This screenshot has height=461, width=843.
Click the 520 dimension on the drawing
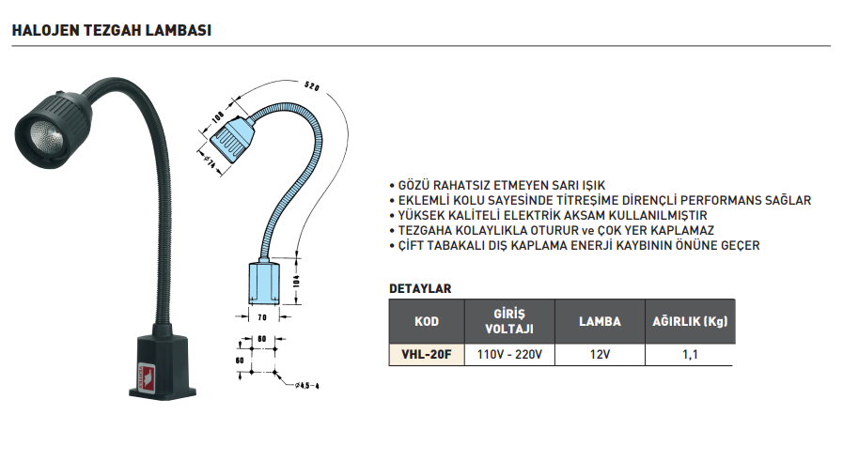tap(312, 88)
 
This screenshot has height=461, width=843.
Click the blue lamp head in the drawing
tap(231, 141)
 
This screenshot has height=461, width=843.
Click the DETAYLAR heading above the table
tap(420, 288)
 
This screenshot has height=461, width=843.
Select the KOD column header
tap(427, 321)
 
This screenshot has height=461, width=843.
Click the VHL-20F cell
tap(427, 355)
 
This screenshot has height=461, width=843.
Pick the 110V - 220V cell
tap(508, 355)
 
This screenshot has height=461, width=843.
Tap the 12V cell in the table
tap(600, 355)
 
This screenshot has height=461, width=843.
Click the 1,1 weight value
tap(689, 355)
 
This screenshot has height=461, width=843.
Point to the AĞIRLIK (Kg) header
tap(690, 321)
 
